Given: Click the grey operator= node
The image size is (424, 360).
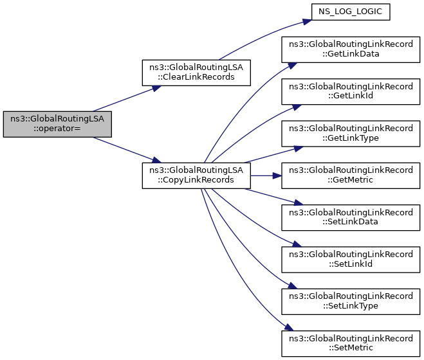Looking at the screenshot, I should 57,123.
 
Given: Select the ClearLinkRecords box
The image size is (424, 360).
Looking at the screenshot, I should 196,72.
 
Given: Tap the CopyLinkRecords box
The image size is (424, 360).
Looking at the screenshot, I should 196,175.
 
